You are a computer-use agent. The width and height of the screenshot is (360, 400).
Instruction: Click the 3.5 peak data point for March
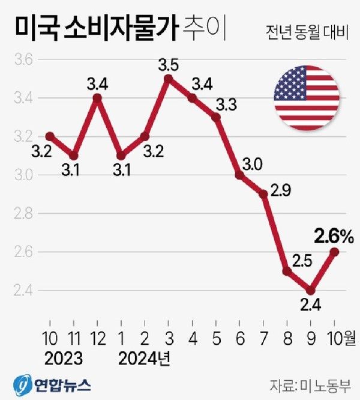169,78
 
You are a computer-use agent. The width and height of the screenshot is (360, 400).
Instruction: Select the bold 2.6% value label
331,235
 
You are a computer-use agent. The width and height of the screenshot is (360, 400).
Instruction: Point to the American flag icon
307,98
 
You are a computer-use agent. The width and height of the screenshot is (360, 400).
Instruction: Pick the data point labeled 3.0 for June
240,175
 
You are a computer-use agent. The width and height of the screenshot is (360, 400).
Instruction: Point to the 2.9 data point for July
264,194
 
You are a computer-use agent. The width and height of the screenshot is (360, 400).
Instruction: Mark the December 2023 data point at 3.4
97,97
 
